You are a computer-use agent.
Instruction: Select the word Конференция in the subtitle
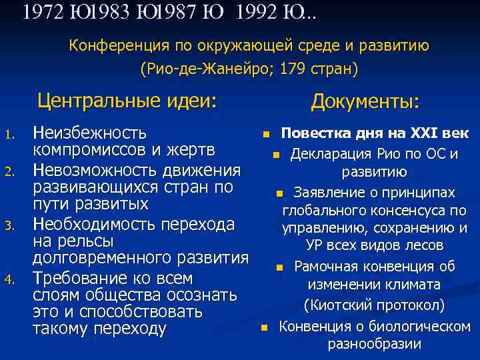(115, 46)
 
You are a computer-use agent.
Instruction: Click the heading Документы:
(365, 102)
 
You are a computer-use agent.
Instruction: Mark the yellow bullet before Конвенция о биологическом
(265, 327)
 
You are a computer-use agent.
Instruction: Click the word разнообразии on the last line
(374, 344)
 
